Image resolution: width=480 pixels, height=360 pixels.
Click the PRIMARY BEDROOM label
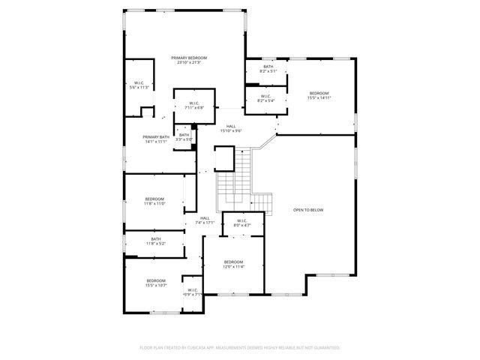coord(188,58)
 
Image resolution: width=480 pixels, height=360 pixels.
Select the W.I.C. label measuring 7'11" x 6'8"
coord(193,105)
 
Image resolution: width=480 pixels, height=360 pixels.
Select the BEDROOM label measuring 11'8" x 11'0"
coord(154,200)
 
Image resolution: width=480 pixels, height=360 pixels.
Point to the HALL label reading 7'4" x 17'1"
coord(205,220)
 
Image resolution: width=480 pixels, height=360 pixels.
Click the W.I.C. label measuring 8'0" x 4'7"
coord(241,223)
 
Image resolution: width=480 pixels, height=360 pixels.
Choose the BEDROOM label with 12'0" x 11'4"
coord(233,263)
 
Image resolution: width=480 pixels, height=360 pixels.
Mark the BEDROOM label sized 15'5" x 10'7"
coord(155,283)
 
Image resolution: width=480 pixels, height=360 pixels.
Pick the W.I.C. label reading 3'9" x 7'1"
coord(193,292)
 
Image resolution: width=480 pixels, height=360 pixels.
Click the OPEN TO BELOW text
coord(308,210)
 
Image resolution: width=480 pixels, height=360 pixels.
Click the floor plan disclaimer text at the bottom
coord(240,347)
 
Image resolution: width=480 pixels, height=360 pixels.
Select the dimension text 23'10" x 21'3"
coord(188,62)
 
